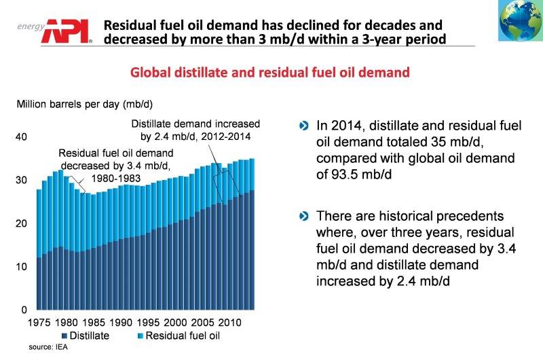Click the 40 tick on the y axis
pyautogui.click(x=20, y=137)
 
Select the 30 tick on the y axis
pyautogui.click(x=20, y=180)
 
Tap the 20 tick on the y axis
pyautogui.click(x=20, y=223)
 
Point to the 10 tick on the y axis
pyautogui.click(x=20, y=266)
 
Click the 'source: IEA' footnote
pyautogui.click(x=48, y=347)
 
